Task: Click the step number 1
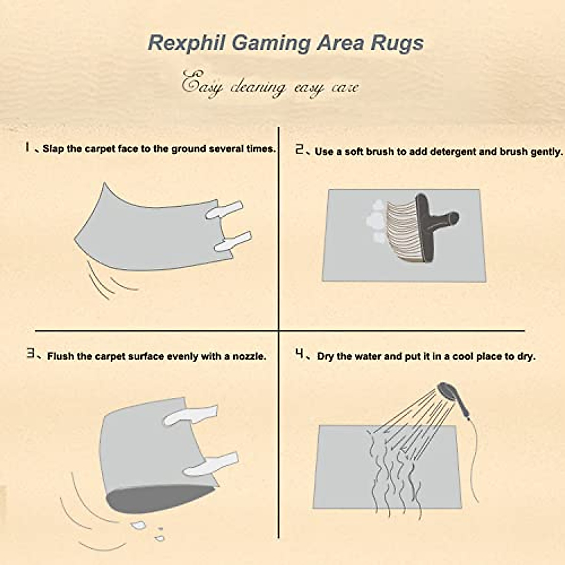click(x=28, y=147)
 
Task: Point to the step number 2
click(x=299, y=150)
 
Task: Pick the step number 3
click(x=31, y=355)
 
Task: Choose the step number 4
click(x=299, y=354)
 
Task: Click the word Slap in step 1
click(x=52, y=149)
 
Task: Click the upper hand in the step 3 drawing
click(x=192, y=414)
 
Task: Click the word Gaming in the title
click(x=271, y=43)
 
